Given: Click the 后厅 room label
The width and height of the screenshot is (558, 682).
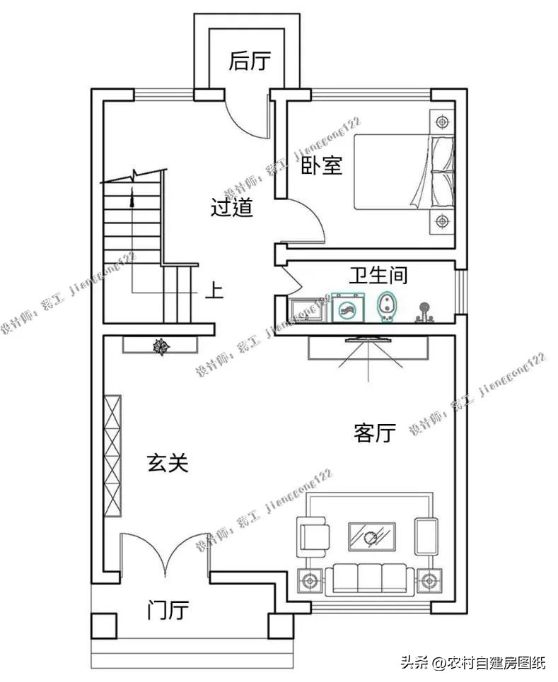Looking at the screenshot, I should point(250,62).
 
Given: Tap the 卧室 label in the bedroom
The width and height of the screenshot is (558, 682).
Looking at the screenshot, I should point(322,166).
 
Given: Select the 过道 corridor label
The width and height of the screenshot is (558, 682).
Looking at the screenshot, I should point(232,208).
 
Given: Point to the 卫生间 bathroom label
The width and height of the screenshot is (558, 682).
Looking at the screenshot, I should point(378,275).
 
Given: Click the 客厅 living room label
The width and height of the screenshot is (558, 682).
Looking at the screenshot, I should point(374,433).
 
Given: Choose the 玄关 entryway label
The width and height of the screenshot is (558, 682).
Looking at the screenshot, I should point(168,463).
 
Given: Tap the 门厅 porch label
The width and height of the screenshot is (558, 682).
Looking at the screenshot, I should point(168,609).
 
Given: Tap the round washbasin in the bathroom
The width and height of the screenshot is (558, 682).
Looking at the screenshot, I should point(347,308).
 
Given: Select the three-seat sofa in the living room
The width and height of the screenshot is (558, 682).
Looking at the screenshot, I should point(368,577).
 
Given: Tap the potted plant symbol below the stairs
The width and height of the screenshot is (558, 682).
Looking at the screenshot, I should point(162,346).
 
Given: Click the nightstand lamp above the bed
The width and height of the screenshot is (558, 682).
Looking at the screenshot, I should point(442,121).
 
